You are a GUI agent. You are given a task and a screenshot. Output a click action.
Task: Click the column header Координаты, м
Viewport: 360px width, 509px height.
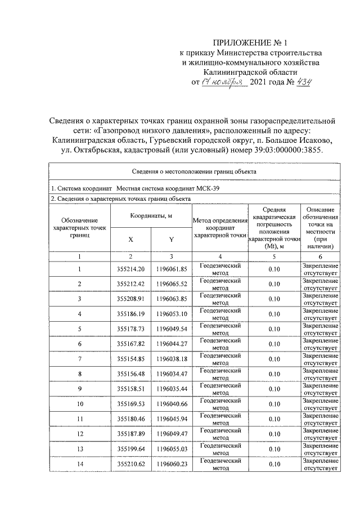tap(151, 216)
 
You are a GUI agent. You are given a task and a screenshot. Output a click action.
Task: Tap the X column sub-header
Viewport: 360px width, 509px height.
tap(130, 239)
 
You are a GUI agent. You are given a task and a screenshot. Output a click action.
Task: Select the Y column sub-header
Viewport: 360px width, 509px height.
tap(171, 239)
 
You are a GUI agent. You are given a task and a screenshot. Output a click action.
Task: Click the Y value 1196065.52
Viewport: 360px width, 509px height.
tap(171, 283)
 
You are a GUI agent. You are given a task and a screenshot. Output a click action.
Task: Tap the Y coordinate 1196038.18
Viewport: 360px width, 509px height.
tap(171, 358)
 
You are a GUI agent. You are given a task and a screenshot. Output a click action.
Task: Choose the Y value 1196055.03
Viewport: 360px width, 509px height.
tap(171, 449)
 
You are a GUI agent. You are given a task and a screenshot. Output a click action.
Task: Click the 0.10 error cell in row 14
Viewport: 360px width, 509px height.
tap(274, 464)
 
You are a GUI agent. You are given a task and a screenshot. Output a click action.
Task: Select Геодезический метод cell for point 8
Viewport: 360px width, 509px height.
tap(220, 373)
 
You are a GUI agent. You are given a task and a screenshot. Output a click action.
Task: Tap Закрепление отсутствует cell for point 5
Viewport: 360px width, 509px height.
tap(320, 328)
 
